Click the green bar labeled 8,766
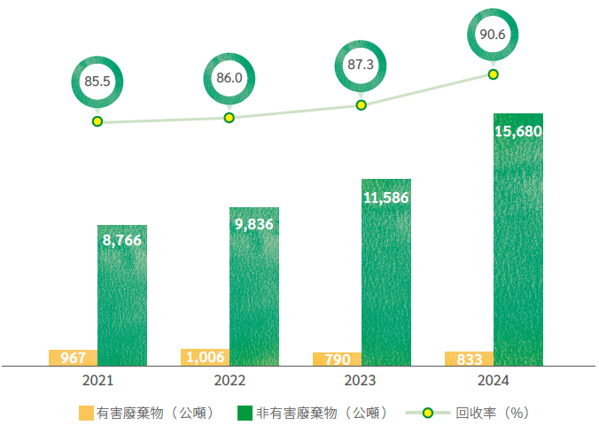click(121, 297)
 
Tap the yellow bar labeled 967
click(74, 358)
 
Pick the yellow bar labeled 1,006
click(205, 357)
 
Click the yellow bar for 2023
click(337, 359)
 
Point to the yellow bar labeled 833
click(470, 359)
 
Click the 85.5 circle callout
click(97, 81)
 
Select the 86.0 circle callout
click(229, 77)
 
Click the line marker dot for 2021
click(97, 121)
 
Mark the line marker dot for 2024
click(494, 74)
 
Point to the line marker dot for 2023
click(361, 104)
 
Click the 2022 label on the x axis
click(229, 381)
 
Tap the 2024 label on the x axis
click(494, 381)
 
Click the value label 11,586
click(386, 197)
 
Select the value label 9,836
click(254, 224)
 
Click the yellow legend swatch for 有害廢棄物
click(85, 413)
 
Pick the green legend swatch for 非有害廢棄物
click(245, 413)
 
